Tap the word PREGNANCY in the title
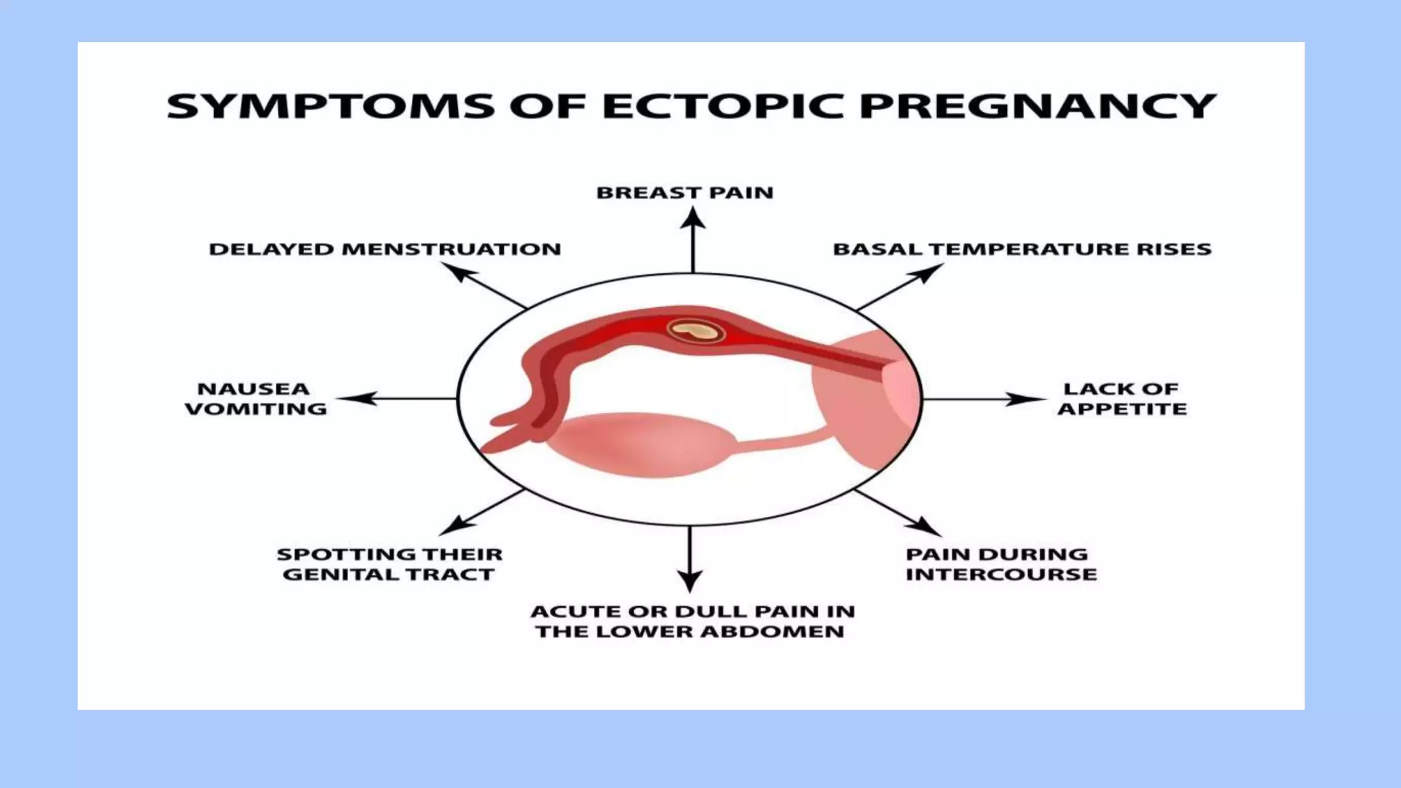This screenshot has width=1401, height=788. [x=1037, y=107]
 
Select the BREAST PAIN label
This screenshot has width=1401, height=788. [x=685, y=193]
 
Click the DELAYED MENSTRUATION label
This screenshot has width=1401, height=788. [x=384, y=249]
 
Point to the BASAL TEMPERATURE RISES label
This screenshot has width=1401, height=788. [x=1022, y=249]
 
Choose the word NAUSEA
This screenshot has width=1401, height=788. [x=254, y=389]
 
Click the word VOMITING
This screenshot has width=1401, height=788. [x=256, y=409]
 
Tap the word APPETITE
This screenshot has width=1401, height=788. [x=1122, y=409]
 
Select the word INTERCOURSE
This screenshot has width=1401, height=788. [x=1001, y=574]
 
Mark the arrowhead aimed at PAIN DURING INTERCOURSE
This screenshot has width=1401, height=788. [x=926, y=527]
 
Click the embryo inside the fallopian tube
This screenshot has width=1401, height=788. [x=696, y=332]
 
